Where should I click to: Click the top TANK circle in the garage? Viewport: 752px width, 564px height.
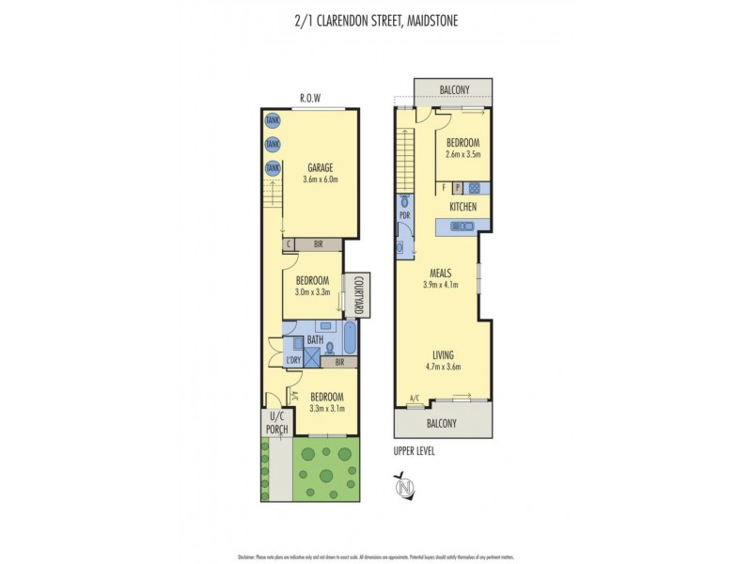[x=272, y=120]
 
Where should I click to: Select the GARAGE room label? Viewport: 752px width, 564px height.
[x=319, y=168]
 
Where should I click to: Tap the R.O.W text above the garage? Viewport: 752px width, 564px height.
[x=311, y=98]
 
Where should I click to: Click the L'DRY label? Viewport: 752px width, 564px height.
[x=292, y=360]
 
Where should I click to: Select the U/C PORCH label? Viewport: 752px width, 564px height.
[x=276, y=425]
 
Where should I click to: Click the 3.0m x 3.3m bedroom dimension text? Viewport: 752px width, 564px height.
[x=313, y=292]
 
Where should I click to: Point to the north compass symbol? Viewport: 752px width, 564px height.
[x=405, y=487]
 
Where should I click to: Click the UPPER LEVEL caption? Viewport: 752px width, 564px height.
[x=415, y=451]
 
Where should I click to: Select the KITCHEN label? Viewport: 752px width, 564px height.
[x=462, y=207]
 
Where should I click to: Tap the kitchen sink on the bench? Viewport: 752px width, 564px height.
[x=462, y=226]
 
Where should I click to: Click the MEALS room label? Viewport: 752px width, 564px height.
[x=442, y=273]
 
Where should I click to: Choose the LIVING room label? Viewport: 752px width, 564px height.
[x=443, y=354]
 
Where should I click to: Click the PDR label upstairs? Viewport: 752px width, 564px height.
[x=405, y=215]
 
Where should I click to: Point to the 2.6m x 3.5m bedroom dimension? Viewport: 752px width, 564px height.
[x=463, y=154]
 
